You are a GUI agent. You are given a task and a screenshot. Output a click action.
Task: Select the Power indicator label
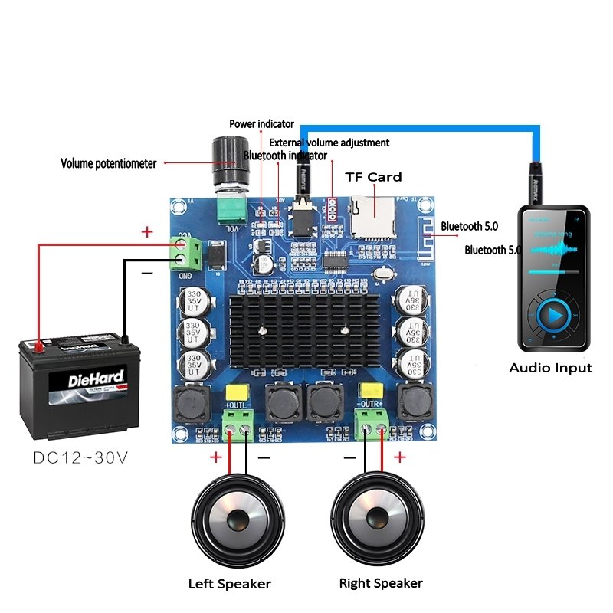[x=261, y=123]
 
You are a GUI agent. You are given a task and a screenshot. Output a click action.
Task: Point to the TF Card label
[x=373, y=177]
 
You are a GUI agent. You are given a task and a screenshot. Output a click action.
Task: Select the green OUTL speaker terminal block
[x=238, y=422]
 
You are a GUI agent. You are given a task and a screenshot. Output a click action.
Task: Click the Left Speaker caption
[x=230, y=584]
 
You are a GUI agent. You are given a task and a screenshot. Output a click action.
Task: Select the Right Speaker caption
[x=381, y=584]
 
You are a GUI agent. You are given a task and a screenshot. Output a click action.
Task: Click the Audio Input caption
[x=550, y=368]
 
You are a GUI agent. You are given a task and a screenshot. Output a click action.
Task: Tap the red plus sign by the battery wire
[x=147, y=231]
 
